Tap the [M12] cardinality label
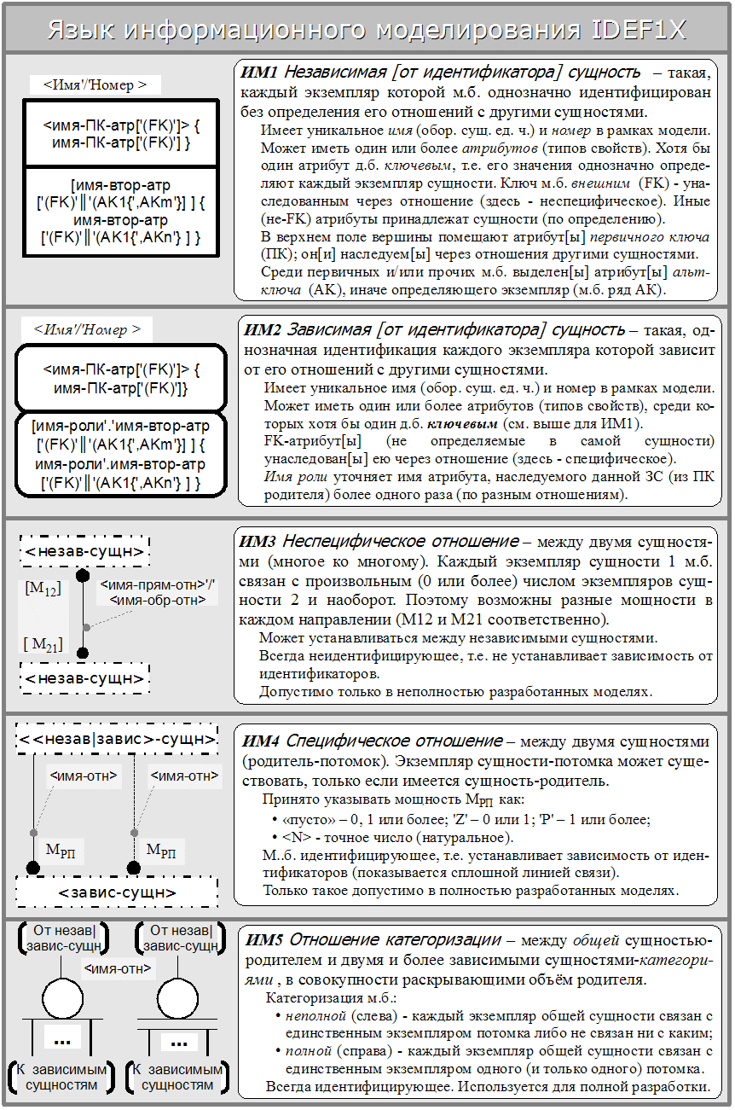coord(43,588)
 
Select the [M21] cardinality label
coord(43,644)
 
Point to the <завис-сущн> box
coord(117,892)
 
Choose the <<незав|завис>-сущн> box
coord(117,738)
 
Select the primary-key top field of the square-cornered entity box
coord(121,134)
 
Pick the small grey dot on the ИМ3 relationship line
coord(86,627)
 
